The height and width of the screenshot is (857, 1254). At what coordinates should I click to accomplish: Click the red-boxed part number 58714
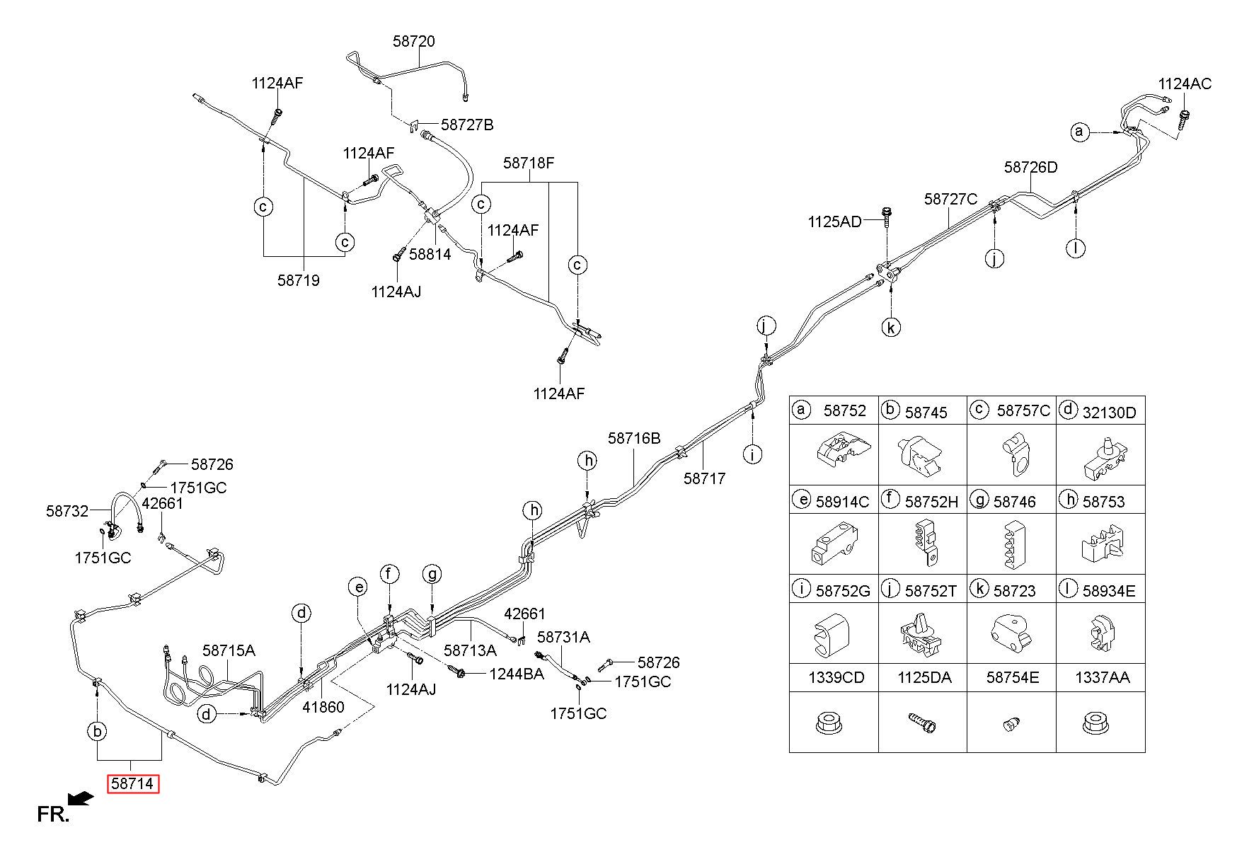pos(133,784)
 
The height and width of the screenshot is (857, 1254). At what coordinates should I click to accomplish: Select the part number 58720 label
pos(414,42)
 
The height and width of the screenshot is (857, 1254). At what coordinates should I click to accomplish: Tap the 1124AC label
pos(1185,84)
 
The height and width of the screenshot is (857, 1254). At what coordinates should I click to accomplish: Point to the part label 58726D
pos(1030,167)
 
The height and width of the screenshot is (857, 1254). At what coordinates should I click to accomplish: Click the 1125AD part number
pos(834,222)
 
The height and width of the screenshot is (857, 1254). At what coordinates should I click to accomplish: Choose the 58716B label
pos(633,439)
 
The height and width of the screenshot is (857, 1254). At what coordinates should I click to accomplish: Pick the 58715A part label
pos(229,650)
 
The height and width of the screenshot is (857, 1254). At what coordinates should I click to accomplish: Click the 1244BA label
pos(517,674)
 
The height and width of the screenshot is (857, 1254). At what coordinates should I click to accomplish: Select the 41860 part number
pos(323,706)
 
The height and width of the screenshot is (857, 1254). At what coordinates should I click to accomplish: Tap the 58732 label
pos(67,511)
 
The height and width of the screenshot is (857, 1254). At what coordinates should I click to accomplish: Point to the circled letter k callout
pos(891,328)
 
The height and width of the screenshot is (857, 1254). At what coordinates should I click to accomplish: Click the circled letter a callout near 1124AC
pos(1079,132)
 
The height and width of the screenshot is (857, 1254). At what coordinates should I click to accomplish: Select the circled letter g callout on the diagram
pos(432,574)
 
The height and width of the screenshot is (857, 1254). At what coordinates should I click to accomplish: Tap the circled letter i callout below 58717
pos(753,454)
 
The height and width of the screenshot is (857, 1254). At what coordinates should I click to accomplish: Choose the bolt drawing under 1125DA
pos(923,722)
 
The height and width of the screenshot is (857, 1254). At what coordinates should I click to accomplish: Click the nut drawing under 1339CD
pos(829,723)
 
